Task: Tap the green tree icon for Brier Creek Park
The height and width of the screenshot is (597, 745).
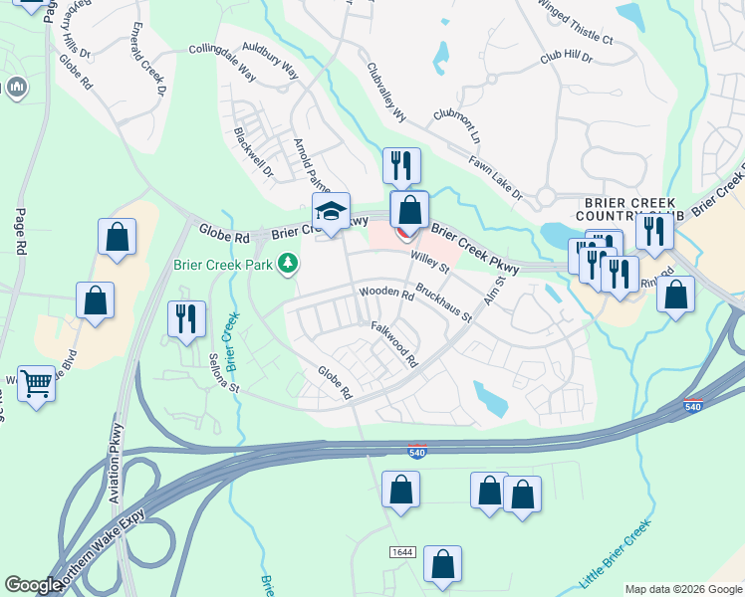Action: (x=289, y=264)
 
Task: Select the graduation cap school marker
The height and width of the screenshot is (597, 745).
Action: (x=331, y=212)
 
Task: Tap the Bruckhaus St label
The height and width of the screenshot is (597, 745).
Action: (x=444, y=304)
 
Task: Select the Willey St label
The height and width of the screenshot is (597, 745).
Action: (x=431, y=260)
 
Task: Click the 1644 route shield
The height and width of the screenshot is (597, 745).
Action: (x=402, y=551)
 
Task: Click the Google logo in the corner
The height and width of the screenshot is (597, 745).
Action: (x=33, y=585)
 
